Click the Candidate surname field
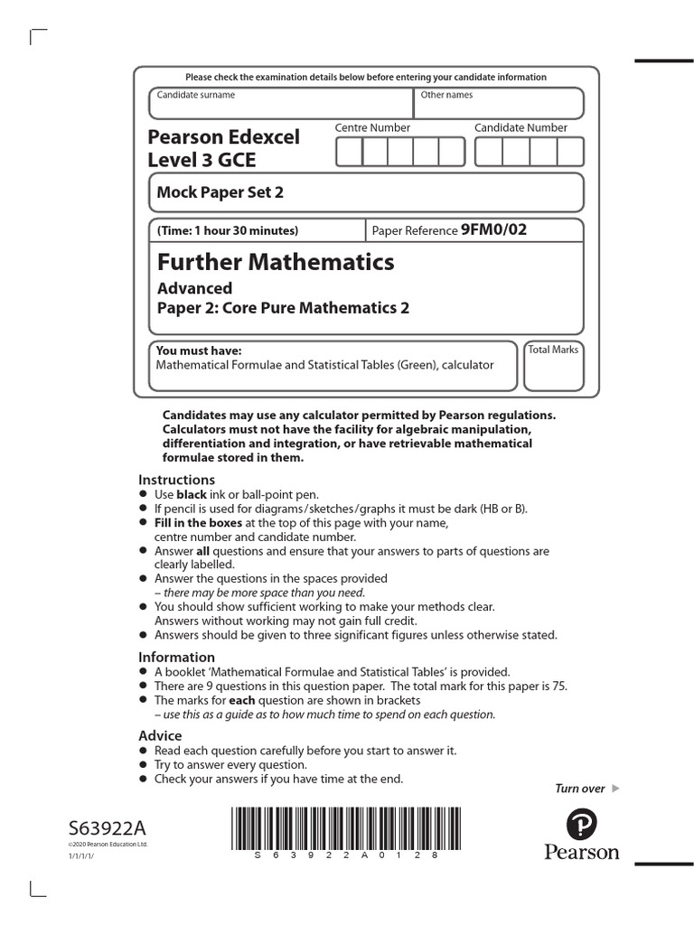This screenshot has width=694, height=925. point(281,104)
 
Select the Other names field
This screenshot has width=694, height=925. point(499,104)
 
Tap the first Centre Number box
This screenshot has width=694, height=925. point(349,152)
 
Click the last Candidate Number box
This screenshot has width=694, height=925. point(570,152)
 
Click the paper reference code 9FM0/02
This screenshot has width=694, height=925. point(492,229)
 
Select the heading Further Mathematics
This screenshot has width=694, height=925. point(276,262)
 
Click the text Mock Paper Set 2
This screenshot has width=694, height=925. point(215,192)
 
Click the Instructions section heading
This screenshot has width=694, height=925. point(176,480)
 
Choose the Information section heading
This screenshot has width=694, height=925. point(176,657)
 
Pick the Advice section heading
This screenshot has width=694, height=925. point(160,735)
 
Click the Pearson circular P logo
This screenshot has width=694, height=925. point(581,824)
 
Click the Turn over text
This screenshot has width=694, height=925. point(579,789)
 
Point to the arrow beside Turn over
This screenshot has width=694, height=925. point(616,789)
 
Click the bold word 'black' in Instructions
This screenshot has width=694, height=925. point(191,495)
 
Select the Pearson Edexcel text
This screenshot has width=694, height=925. point(223,137)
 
